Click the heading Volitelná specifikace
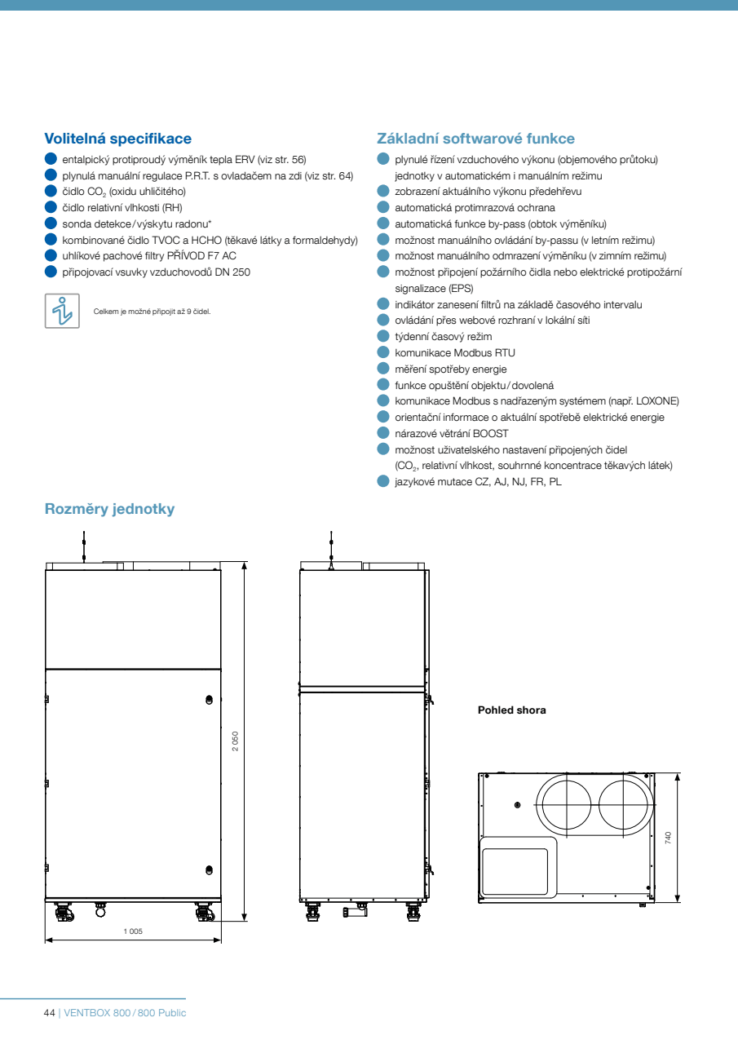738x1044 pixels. [x=117, y=139]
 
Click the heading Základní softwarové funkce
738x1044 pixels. [x=475, y=139]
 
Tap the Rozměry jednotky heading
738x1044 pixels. [x=109, y=509]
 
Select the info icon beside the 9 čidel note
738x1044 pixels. [x=62, y=311]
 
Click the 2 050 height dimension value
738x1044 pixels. [x=236, y=741]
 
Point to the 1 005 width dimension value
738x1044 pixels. [x=133, y=931]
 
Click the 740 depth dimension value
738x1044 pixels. [x=668, y=837]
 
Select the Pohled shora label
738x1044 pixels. [x=511, y=710]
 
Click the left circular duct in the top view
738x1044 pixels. [x=566, y=803]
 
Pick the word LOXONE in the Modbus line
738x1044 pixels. [x=655, y=400]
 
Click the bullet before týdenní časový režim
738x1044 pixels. [x=383, y=336]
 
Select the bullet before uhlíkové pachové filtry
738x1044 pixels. [x=51, y=255]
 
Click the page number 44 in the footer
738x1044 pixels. [x=49, y=1012]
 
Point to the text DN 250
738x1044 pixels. [x=232, y=272]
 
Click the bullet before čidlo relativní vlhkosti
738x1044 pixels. [x=51, y=207]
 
